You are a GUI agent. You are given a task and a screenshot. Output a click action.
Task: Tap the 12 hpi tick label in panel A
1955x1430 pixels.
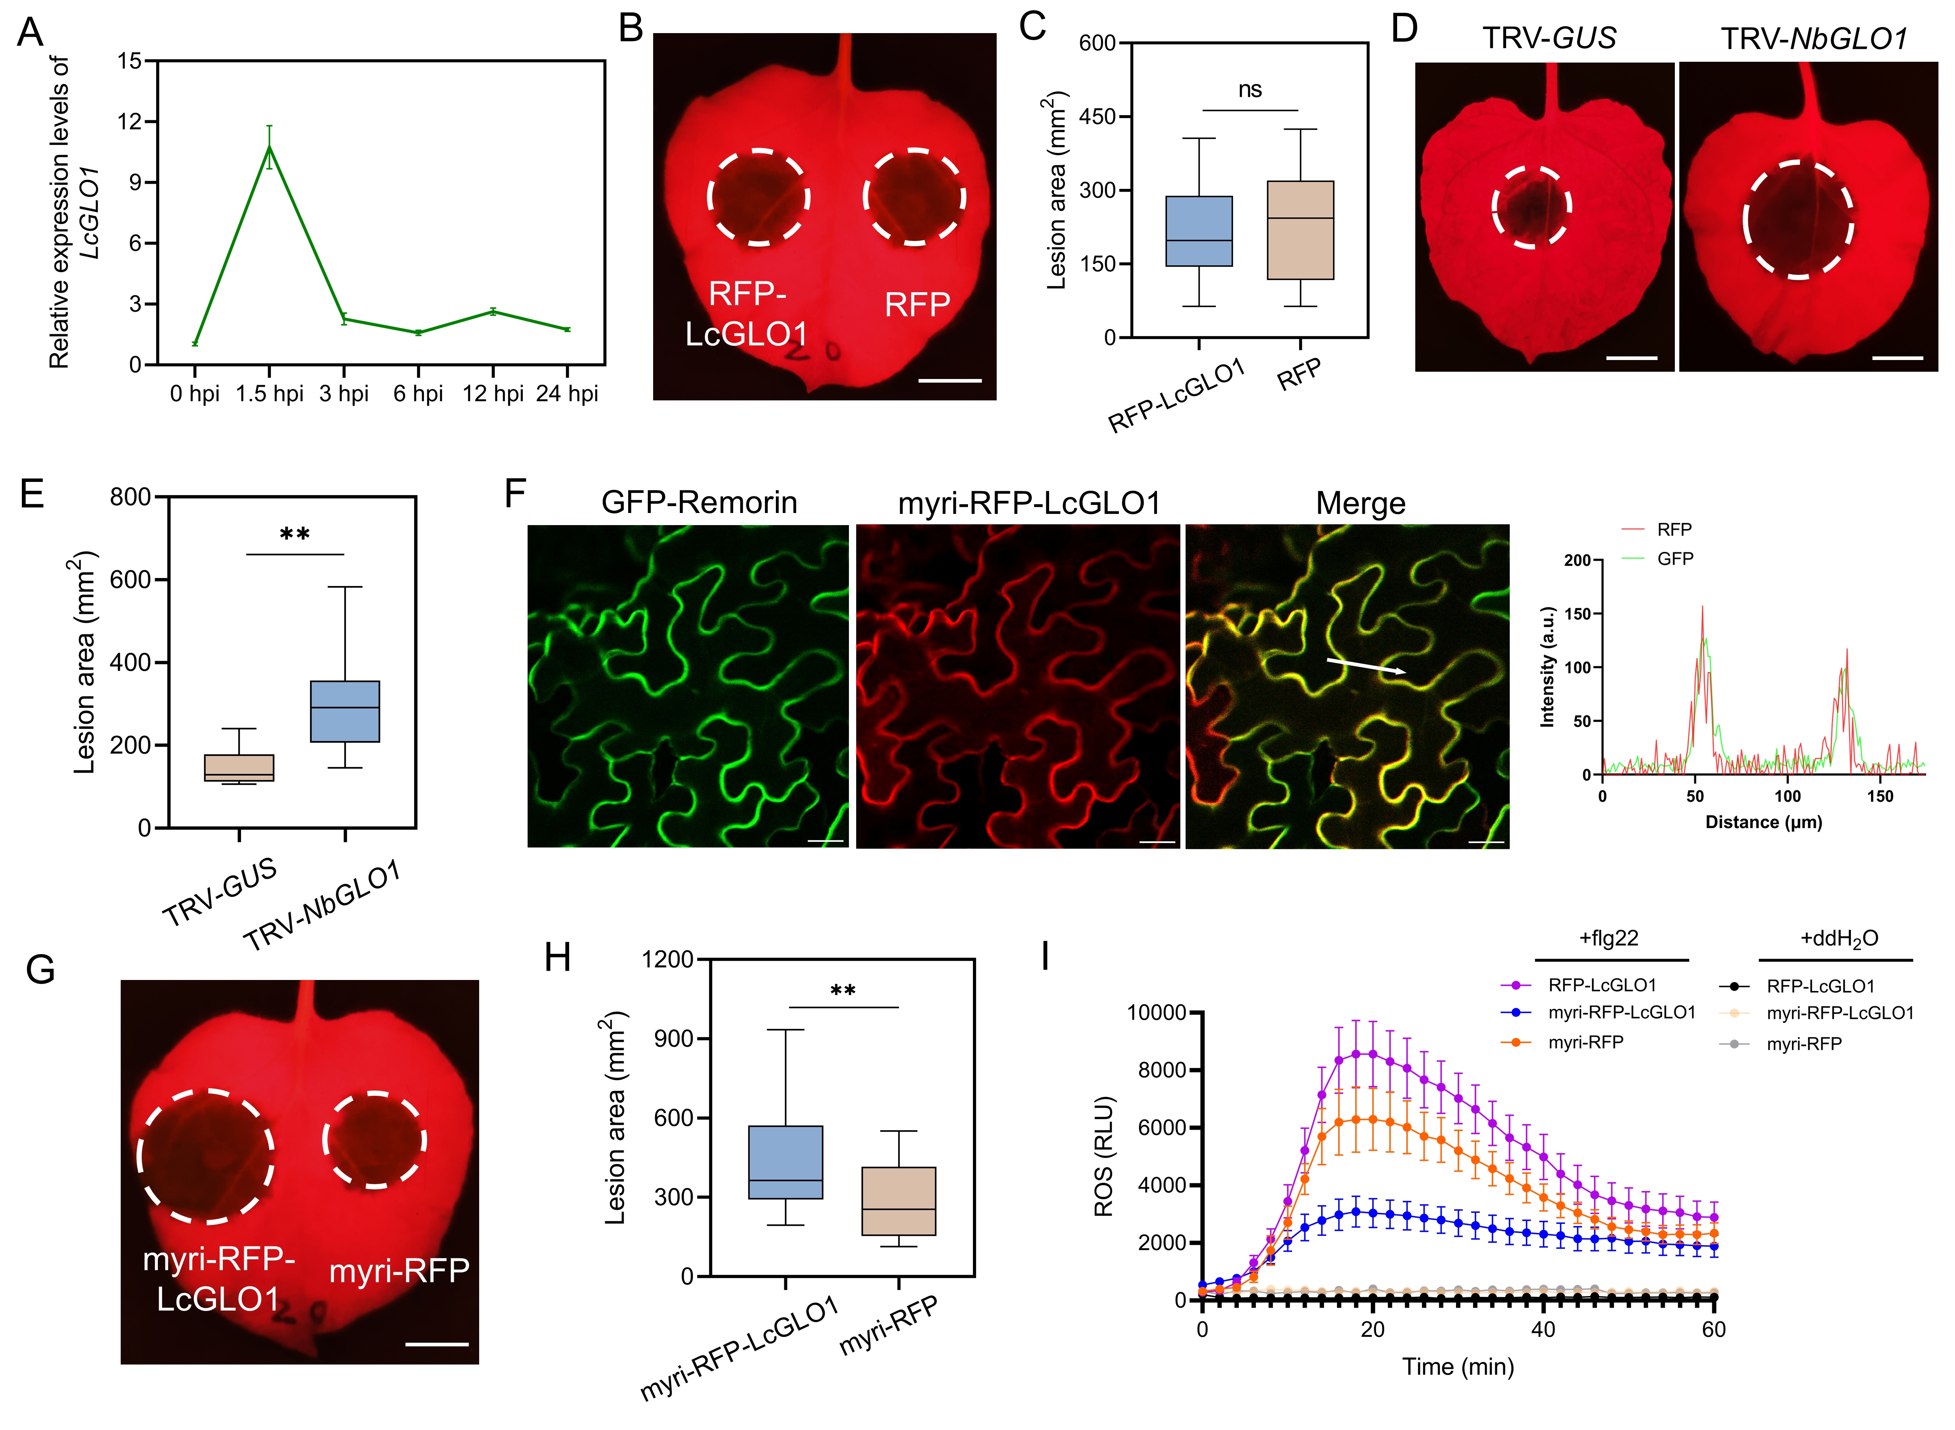pyautogui.click(x=492, y=394)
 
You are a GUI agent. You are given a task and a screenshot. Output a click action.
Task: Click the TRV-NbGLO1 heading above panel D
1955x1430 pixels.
pyautogui.click(x=1814, y=39)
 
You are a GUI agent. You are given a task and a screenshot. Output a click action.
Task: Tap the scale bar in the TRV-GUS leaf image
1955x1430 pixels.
pyautogui.click(x=1631, y=358)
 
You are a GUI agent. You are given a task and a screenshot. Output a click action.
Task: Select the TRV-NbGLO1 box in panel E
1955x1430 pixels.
pyautogui.click(x=345, y=712)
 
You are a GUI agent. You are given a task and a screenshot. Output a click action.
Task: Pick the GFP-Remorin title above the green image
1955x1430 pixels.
pyautogui.click(x=699, y=503)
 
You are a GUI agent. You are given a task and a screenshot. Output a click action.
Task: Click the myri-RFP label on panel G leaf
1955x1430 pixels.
pyautogui.click(x=399, y=1271)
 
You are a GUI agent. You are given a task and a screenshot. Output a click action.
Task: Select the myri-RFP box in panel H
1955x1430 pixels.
pyautogui.click(x=899, y=1202)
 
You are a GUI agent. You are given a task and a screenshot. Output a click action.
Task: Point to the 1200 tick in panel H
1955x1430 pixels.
pyautogui.click(x=668, y=959)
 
